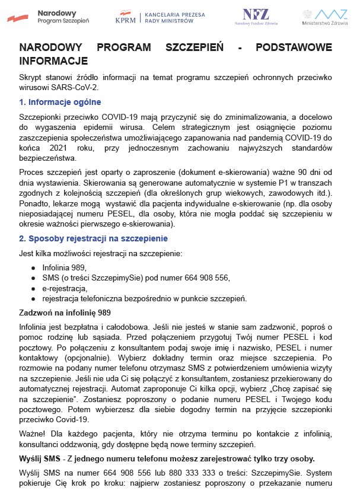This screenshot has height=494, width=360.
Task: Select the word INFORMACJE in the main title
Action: [53, 60]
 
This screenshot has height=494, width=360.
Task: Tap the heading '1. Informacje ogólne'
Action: [60, 102]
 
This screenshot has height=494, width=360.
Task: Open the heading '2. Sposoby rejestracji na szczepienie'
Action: [93, 238]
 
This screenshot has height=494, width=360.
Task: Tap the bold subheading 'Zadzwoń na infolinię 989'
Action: [65, 313]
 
